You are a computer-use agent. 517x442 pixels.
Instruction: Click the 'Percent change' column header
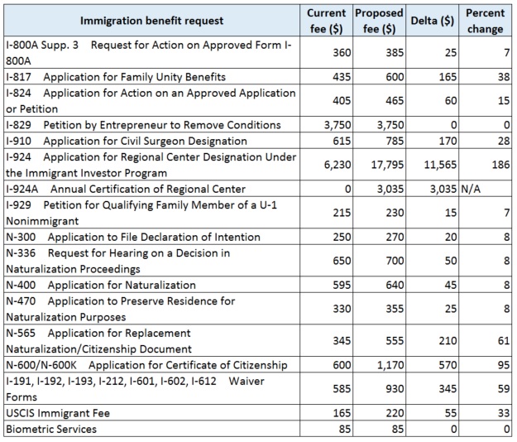(485, 21)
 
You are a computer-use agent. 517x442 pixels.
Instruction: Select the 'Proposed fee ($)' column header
(379, 21)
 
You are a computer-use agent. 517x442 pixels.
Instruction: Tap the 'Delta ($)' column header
(433, 21)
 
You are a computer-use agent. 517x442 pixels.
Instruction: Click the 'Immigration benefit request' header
(151, 21)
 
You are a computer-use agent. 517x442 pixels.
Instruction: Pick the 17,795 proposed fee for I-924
(387, 165)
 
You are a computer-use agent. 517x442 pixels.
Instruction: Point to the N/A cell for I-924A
(471, 189)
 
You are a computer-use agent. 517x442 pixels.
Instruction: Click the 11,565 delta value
(440, 165)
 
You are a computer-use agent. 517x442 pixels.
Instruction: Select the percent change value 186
(500, 165)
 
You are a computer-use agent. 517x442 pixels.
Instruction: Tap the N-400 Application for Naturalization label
(101, 285)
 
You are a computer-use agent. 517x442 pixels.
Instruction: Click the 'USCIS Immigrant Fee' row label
(58, 413)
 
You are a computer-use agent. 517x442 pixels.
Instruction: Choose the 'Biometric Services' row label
(51, 429)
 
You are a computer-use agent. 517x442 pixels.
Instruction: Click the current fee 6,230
(337, 165)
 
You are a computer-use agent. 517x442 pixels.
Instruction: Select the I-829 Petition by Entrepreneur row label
(143, 125)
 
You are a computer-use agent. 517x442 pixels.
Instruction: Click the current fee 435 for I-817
(342, 77)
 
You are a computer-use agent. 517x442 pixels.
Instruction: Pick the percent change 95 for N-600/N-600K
(504, 365)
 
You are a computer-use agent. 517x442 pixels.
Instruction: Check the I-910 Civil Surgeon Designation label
(127, 142)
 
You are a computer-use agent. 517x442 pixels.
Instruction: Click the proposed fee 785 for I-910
(395, 142)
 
